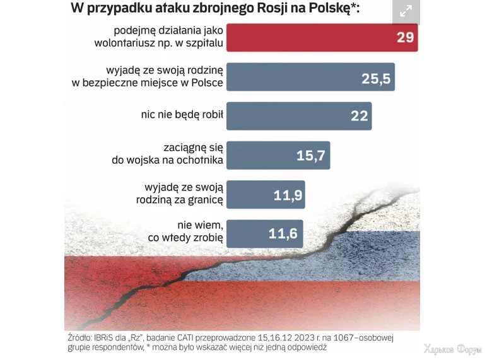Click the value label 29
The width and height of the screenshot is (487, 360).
point(405,37)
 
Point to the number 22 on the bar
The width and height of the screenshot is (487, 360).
point(359,116)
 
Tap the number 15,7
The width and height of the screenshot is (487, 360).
point(311,155)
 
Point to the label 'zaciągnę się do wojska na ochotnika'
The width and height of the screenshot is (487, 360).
point(168,155)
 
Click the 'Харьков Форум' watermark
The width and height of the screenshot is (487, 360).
point(452,350)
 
